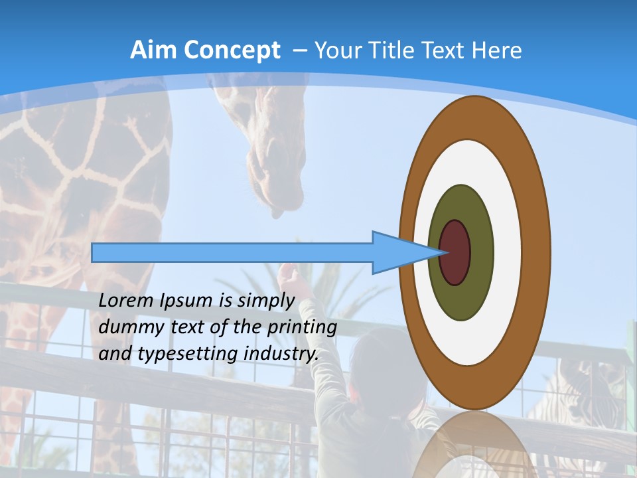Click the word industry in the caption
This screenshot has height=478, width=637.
pyautogui.click(x=281, y=355)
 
